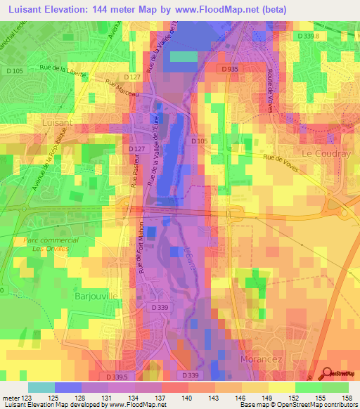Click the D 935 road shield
[x=229, y=69]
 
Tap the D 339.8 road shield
[x=307, y=35]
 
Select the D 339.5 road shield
[x=120, y=377]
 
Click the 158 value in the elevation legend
[x=347, y=398]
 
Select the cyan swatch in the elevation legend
[x=41, y=387]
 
